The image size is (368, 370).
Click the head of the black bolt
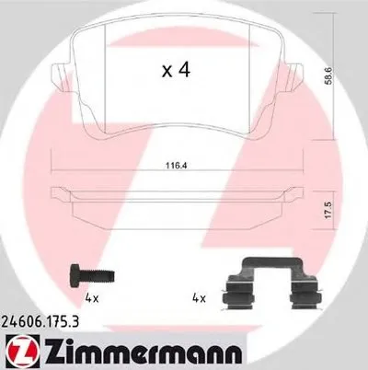point(75,274)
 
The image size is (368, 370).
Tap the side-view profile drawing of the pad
point(175,203)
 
